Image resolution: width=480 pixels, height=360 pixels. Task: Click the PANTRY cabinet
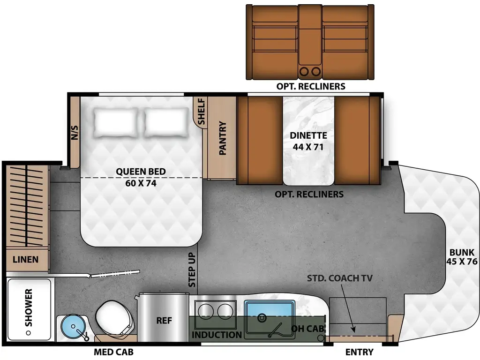click(x=222, y=138)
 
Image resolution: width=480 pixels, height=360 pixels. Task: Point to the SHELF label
click(x=201, y=112)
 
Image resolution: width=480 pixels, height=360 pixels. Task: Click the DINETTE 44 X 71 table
click(x=308, y=141)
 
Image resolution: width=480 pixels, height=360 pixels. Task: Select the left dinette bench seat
click(x=260, y=141)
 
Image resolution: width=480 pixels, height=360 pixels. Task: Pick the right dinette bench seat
click(x=356, y=141)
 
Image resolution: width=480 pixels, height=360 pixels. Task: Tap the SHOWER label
click(x=29, y=308)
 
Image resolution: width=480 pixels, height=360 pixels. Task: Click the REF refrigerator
click(x=164, y=321)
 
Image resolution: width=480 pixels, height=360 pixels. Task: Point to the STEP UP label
click(x=192, y=270)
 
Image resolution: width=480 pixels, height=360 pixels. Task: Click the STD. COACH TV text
click(x=339, y=278)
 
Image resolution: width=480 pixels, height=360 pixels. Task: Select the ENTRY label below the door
click(x=359, y=352)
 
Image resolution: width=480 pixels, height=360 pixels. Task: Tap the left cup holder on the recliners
click(x=305, y=71)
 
